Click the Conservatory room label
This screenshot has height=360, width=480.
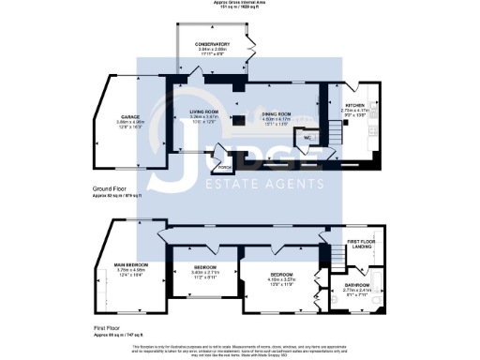212,44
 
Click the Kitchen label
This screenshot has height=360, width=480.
355,105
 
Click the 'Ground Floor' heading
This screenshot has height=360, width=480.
112,188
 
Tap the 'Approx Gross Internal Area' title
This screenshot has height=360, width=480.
240,4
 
